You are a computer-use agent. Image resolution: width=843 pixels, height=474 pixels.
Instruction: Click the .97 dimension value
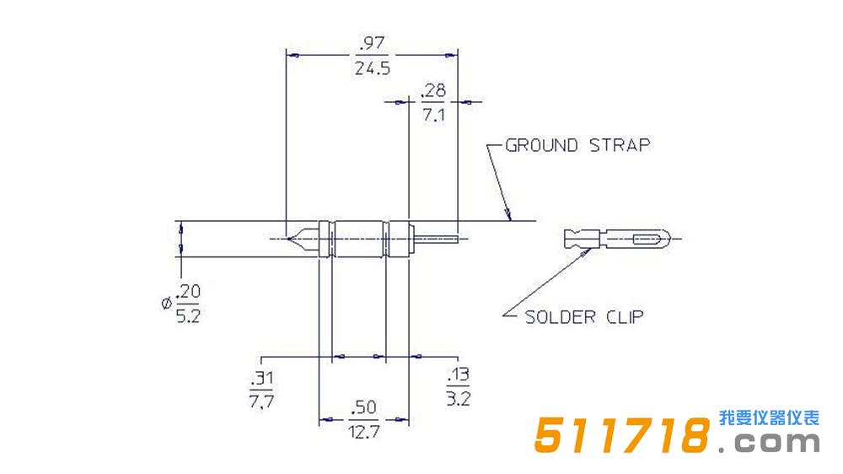point(372,42)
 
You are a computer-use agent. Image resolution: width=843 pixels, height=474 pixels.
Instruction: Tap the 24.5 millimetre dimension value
point(372,68)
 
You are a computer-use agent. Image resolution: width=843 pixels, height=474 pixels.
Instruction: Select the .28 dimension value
point(433,90)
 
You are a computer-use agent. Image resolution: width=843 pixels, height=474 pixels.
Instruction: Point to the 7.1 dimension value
point(433,115)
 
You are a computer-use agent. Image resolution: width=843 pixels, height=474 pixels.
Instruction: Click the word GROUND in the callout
point(542,145)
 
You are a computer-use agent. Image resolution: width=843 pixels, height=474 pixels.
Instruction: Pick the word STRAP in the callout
point(620,145)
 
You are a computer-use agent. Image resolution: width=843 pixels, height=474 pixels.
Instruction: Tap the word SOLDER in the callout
point(559,317)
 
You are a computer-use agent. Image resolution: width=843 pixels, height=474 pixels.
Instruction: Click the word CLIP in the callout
point(624,317)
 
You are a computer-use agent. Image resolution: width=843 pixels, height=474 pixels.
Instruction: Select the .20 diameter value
point(188,292)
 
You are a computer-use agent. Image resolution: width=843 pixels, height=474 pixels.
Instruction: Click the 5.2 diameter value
point(188,315)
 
